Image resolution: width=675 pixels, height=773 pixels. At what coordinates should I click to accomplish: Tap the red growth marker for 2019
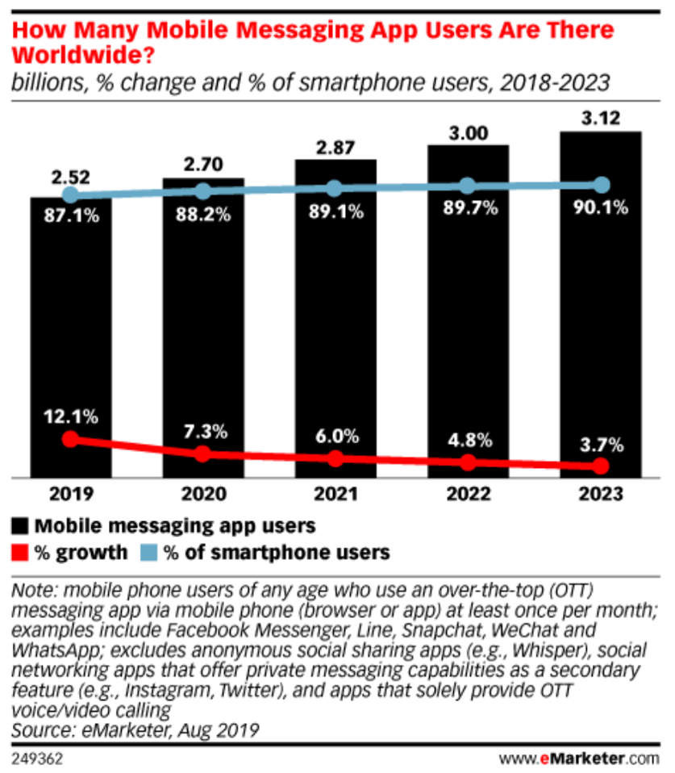coord(71,439)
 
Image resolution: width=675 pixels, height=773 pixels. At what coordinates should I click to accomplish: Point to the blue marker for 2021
coord(335,188)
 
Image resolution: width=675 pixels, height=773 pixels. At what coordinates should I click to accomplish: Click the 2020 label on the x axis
coord(203,494)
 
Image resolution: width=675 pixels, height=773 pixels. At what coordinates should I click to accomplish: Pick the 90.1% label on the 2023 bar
coord(600,212)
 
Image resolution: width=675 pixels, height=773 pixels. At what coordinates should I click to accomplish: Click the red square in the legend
coord(19,553)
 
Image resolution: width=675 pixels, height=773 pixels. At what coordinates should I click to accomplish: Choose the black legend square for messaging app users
coord(19,527)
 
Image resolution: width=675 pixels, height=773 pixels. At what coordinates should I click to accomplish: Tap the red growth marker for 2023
coord(600,466)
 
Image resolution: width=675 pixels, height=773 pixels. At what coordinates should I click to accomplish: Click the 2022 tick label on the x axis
coord(468,494)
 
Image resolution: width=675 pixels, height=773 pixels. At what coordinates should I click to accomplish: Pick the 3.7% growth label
coord(600,444)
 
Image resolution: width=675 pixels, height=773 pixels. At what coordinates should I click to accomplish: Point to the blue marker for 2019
coord(71,194)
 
